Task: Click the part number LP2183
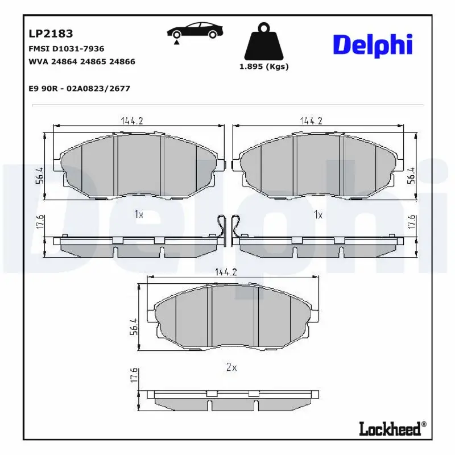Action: pyautogui.click(x=51, y=34)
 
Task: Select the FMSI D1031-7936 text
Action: pyautogui.click(x=66, y=49)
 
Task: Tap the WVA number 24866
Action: pyautogui.click(x=123, y=61)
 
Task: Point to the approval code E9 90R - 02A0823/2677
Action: pyautogui.click(x=79, y=88)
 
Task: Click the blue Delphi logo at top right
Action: pyautogui.click(x=373, y=44)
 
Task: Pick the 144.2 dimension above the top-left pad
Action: pyautogui.click(x=131, y=121)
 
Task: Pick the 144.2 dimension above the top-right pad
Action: pyautogui.click(x=312, y=121)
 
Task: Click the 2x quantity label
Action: pyautogui.click(x=231, y=367)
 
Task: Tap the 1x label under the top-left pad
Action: pyautogui.click(x=138, y=214)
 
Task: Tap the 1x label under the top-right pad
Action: pyautogui.click(x=318, y=214)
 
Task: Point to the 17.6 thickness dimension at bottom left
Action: pyautogui.click(x=135, y=377)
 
